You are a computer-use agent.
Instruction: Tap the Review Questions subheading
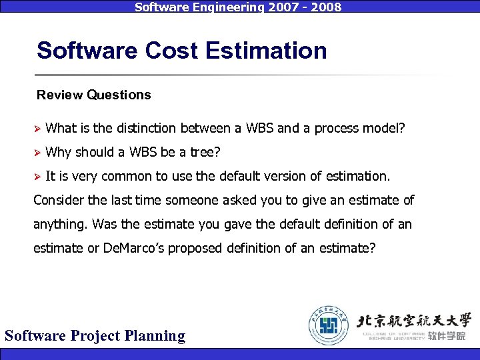(94, 95)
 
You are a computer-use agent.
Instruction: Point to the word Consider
(59, 200)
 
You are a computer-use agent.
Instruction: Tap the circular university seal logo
(327, 324)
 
